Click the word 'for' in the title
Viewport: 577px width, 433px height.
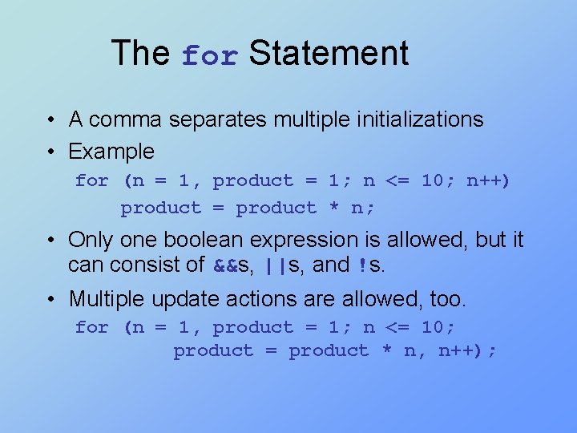[x=210, y=56]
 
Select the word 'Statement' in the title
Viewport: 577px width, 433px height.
[x=329, y=53]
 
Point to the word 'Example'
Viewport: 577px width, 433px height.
[x=111, y=151]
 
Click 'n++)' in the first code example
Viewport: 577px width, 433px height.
[x=488, y=180]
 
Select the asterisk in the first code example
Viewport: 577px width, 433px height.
[x=334, y=208]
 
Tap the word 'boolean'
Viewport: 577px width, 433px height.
[x=180, y=240]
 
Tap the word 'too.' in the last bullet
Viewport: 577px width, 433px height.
[x=447, y=299]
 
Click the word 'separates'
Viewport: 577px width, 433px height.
[x=221, y=120]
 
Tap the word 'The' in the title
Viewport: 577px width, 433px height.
[x=140, y=53]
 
